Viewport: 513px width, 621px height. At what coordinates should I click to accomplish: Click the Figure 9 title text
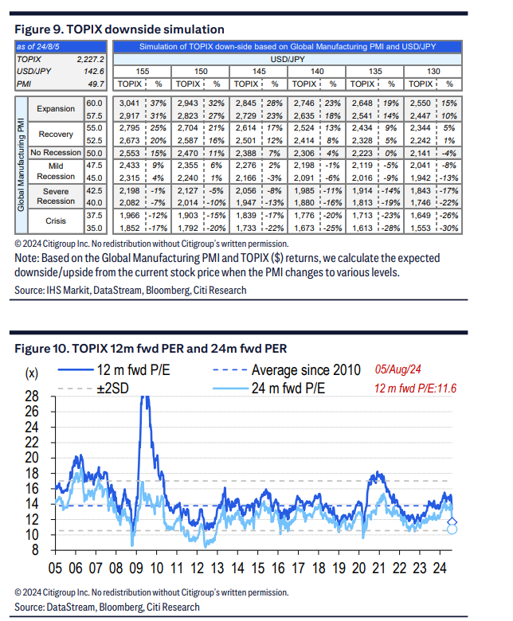click(119, 29)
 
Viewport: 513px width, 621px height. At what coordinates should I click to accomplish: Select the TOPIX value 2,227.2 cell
click(90, 60)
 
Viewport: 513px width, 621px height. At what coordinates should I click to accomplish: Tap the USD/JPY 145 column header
click(259, 72)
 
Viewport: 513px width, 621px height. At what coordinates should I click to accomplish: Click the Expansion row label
click(56, 108)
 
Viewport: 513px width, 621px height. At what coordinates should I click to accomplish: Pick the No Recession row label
click(56, 153)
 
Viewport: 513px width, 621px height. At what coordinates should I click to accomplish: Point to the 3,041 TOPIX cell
click(130, 103)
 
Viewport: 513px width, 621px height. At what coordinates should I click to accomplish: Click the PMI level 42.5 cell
click(94, 190)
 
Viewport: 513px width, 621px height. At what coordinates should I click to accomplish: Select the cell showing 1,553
click(421, 228)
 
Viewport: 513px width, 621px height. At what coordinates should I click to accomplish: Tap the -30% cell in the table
click(448, 228)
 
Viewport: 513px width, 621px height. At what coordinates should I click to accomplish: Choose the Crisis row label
click(56, 221)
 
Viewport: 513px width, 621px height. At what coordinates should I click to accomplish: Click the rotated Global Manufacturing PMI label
click(21, 164)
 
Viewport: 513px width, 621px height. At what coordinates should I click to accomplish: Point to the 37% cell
click(158, 103)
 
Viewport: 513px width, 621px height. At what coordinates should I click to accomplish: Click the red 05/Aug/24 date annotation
click(397, 369)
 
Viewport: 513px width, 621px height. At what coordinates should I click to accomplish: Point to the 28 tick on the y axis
click(32, 396)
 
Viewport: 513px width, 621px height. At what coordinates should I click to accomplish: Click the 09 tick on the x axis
click(136, 568)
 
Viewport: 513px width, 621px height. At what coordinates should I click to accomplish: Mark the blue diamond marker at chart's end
click(452, 522)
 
